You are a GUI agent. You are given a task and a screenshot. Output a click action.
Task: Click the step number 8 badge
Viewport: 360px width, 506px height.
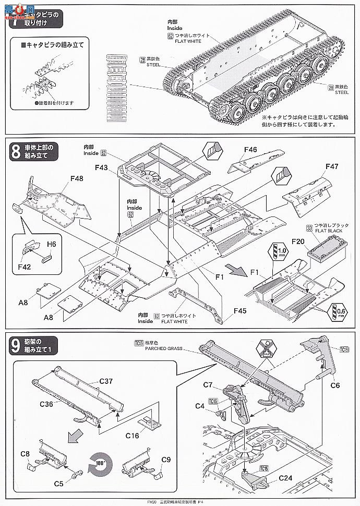16,152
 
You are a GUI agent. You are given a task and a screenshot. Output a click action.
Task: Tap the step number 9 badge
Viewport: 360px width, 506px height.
16,344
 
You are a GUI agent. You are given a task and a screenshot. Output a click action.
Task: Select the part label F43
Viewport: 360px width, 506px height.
103,168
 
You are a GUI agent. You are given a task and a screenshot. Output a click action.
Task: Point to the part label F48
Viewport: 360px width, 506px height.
77,178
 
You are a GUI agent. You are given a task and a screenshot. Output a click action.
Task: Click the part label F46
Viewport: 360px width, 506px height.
250,150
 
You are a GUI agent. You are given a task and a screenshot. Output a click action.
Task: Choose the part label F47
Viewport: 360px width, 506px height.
332,166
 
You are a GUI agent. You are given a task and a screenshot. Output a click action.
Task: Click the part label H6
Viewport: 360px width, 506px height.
51,244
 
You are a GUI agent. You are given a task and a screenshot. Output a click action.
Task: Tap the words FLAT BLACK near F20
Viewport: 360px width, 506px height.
325,235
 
